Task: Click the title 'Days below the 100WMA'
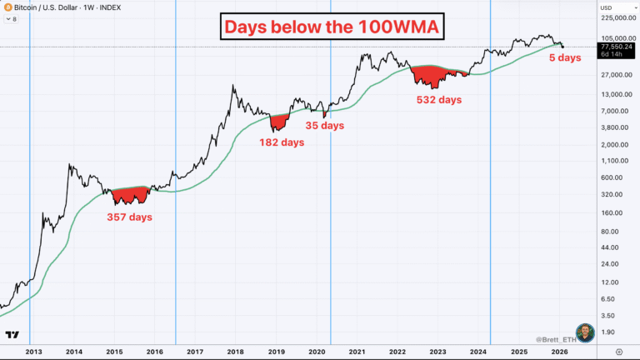tap(332, 27)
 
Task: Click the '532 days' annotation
tap(438, 100)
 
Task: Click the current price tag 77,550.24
tap(617, 48)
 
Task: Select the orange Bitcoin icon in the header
tap(7, 7)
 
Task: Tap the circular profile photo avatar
tap(586, 332)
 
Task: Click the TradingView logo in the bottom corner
tap(12, 335)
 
